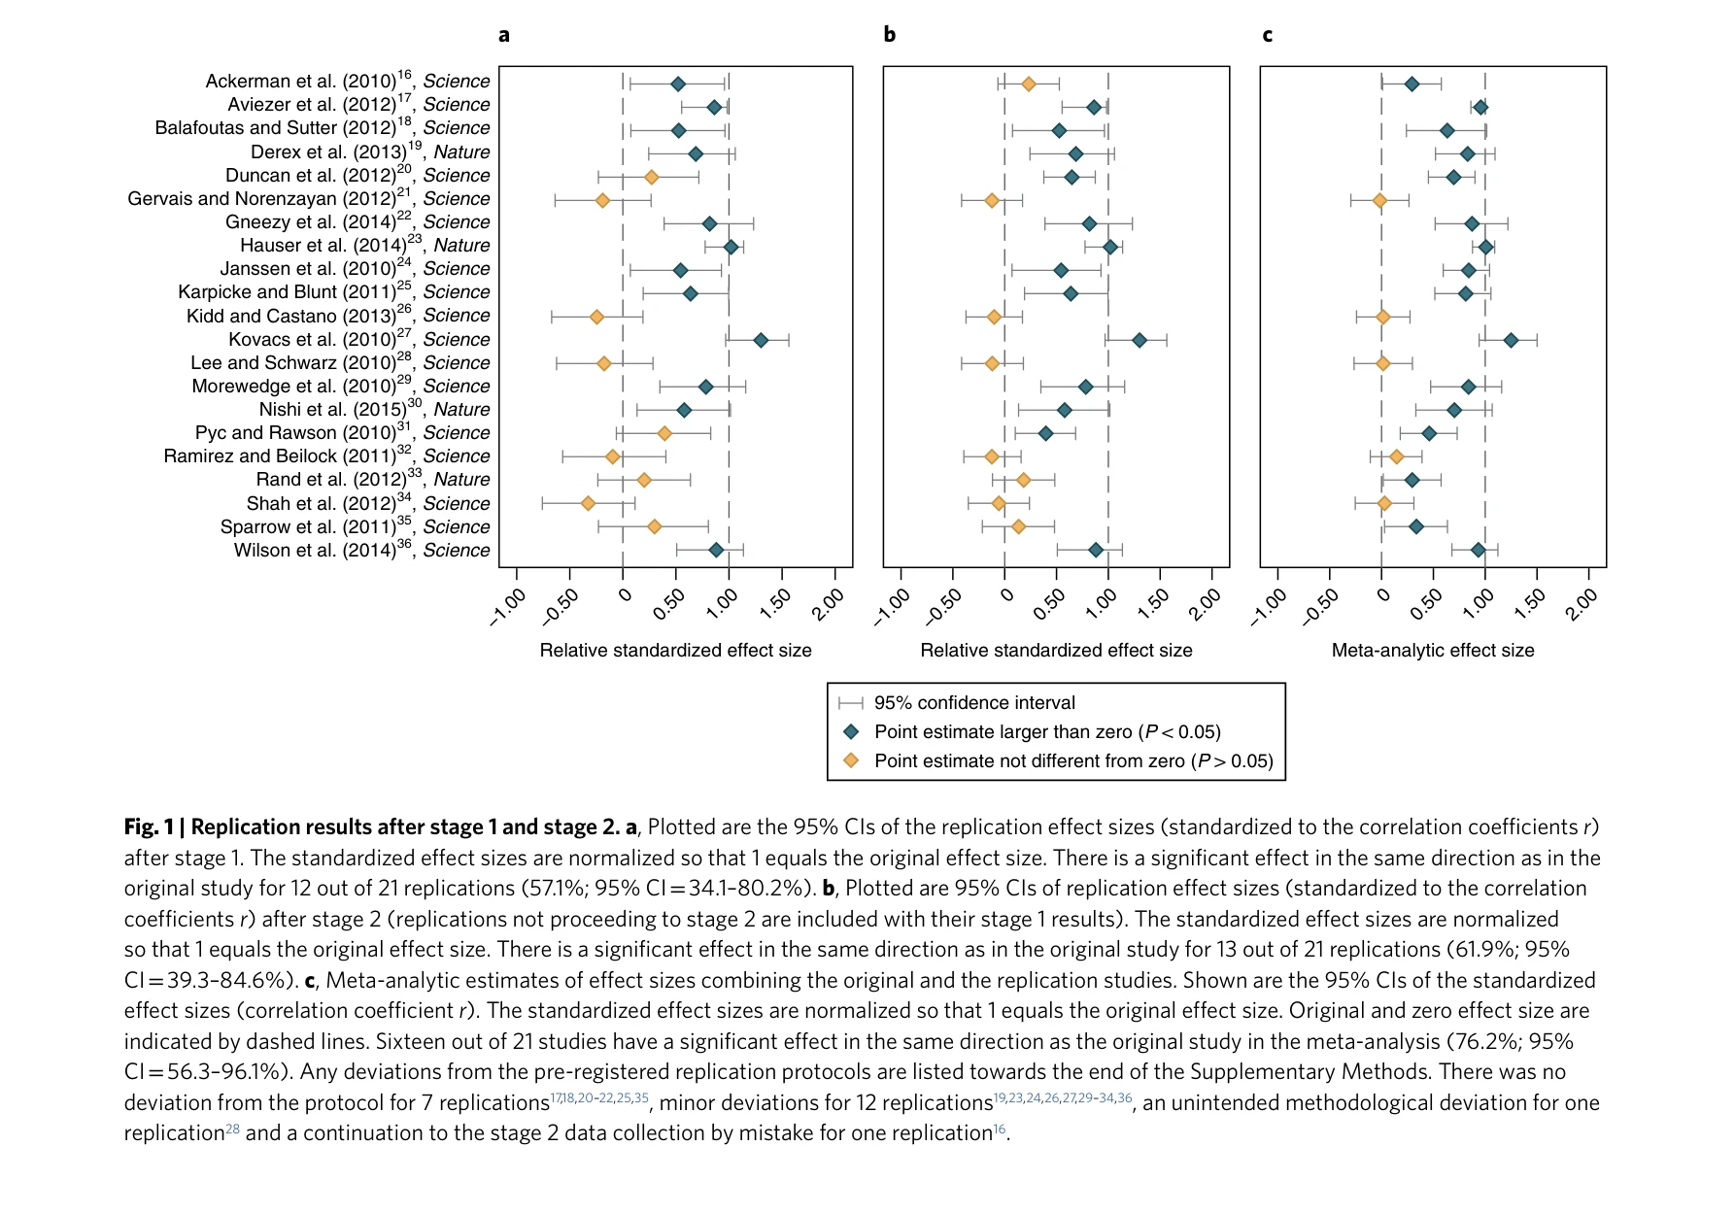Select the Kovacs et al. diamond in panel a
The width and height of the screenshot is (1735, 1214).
(x=761, y=340)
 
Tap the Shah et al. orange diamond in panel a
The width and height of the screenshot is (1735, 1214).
(x=588, y=503)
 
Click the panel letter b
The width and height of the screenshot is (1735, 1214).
(x=890, y=35)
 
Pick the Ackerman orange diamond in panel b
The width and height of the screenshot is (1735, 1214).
(x=1029, y=84)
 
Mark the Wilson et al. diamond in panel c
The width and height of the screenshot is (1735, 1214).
(x=1478, y=551)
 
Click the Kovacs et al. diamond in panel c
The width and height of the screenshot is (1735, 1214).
(x=1511, y=340)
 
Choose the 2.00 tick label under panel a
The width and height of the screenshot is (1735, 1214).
(x=828, y=605)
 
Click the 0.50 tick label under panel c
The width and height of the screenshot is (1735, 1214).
(x=1426, y=605)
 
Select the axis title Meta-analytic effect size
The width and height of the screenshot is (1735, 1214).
(x=1433, y=651)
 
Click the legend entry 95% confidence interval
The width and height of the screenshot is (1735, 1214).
(x=974, y=703)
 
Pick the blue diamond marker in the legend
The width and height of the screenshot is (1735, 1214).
(x=852, y=731)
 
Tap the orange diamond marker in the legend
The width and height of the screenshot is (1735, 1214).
(x=852, y=760)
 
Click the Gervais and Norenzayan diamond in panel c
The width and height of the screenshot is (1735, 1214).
(x=1379, y=201)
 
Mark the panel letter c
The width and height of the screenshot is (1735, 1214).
(x=1267, y=35)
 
